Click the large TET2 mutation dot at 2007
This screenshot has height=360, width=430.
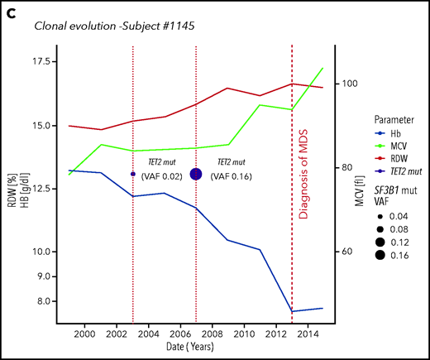(x=196, y=174)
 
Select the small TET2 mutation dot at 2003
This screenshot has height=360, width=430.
(x=133, y=174)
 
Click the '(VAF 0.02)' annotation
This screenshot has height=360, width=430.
(x=166, y=176)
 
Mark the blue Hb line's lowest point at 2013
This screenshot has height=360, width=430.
(x=292, y=311)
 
